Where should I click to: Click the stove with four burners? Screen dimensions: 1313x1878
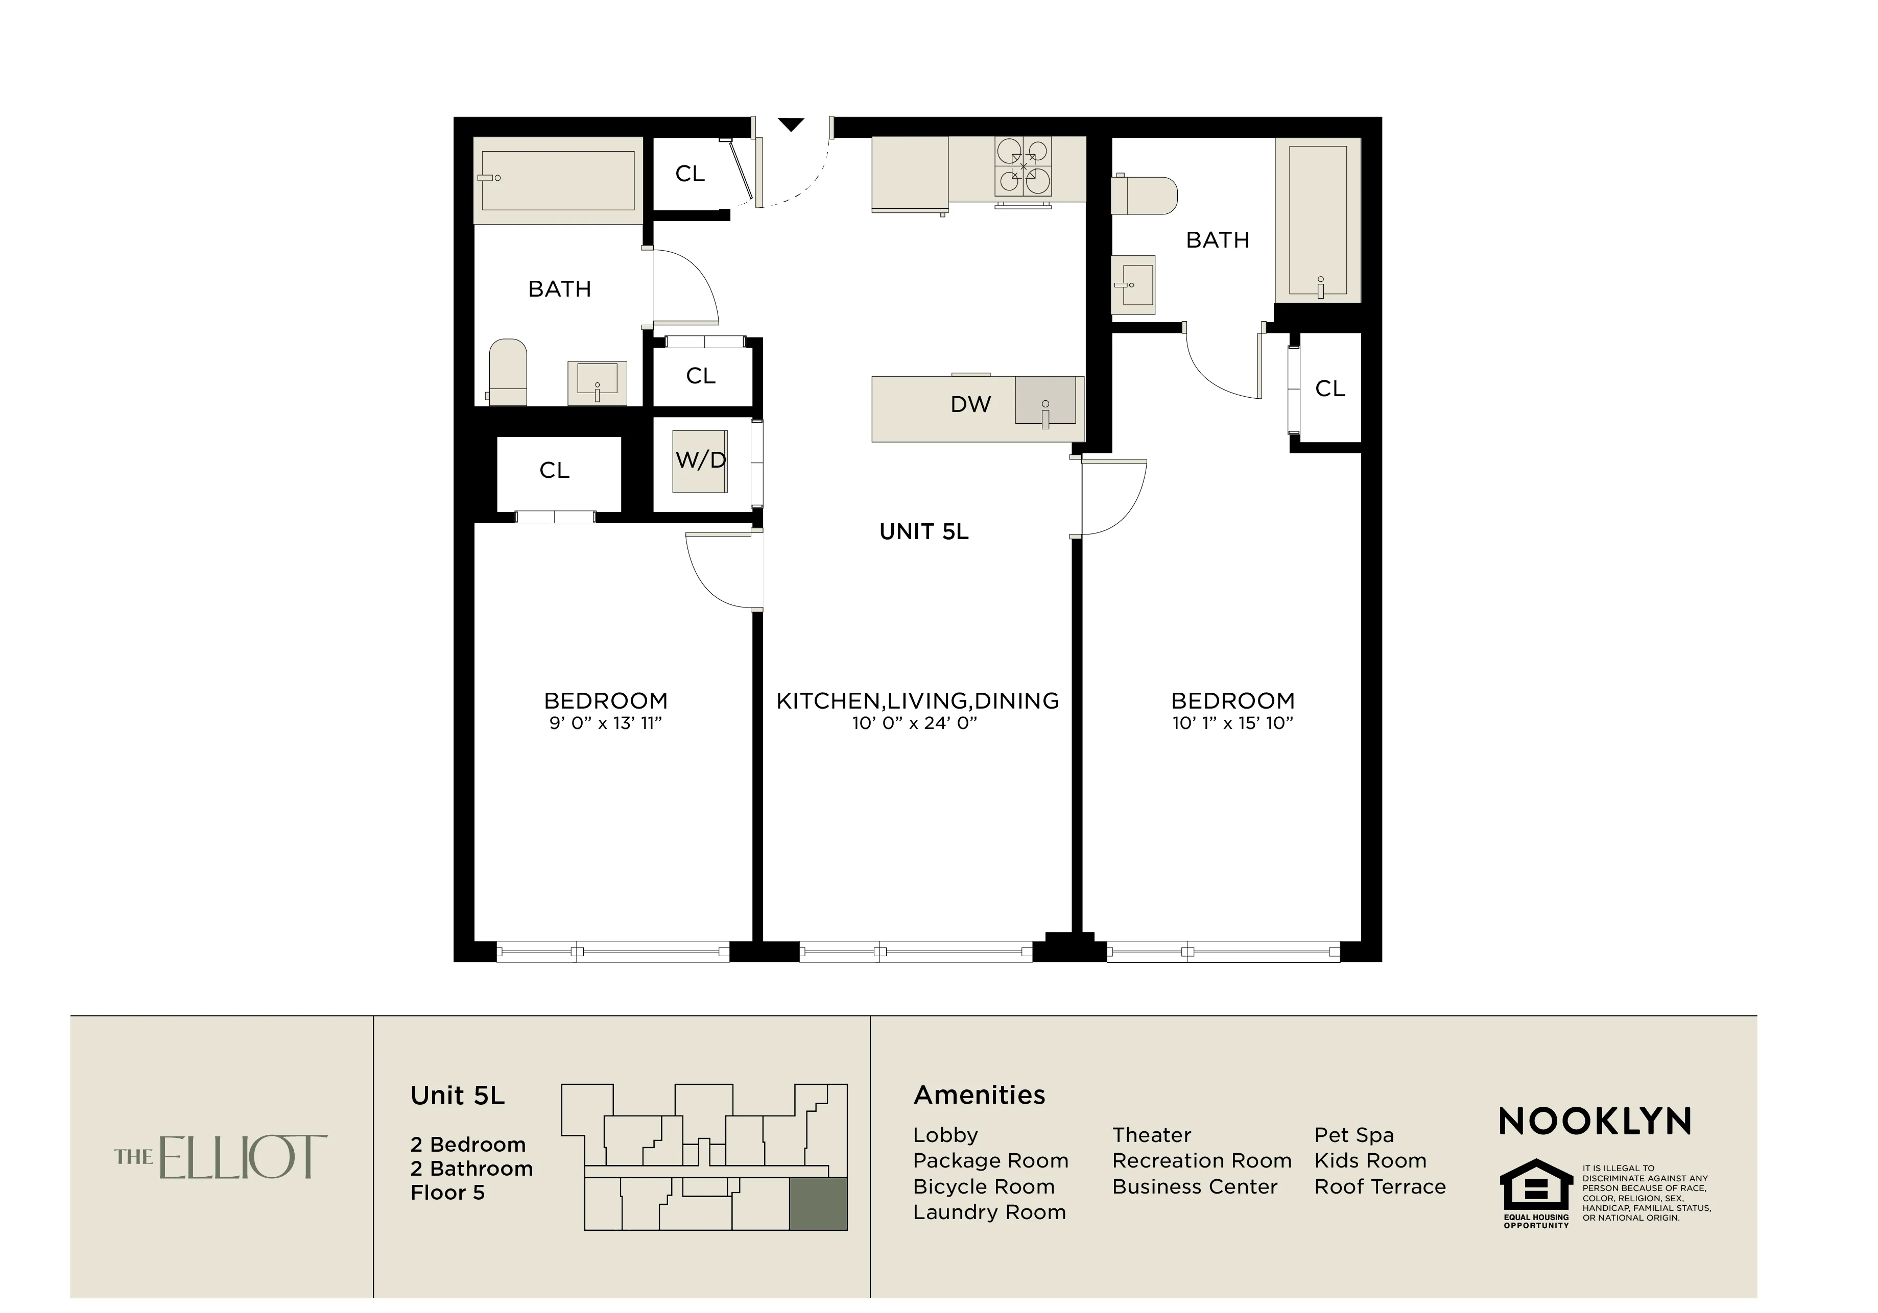tap(1023, 167)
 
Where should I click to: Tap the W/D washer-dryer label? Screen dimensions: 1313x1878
tap(700, 460)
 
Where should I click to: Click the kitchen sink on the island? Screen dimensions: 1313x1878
tap(1045, 401)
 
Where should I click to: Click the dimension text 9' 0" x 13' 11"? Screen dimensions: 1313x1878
tap(605, 723)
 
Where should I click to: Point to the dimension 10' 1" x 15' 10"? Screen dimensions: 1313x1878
tap(1232, 723)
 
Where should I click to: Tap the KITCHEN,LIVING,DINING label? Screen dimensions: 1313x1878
tap(917, 700)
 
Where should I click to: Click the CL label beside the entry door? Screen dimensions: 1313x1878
tap(690, 174)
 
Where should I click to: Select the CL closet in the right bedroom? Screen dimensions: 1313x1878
tap(1329, 388)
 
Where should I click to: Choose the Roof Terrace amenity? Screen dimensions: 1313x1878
tap(1380, 1187)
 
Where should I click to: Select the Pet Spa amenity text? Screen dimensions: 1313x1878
tap(1353, 1135)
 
